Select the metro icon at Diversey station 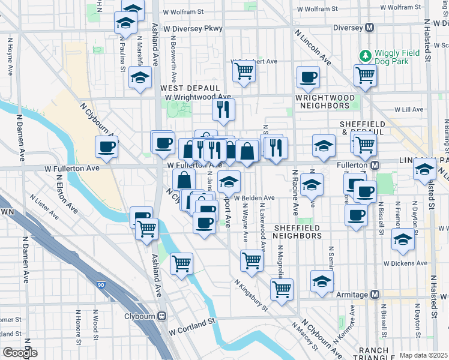[x=370, y=28]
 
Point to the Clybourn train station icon [x=161, y=316]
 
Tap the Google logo [x=20, y=353]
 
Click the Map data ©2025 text [x=423, y=355]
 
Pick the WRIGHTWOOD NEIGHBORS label [x=322, y=101]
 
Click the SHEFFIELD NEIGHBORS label [x=298, y=232]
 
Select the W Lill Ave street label [x=410, y=109]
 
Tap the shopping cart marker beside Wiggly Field [x=364, y=76]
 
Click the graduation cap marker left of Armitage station [x=322, y=281]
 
